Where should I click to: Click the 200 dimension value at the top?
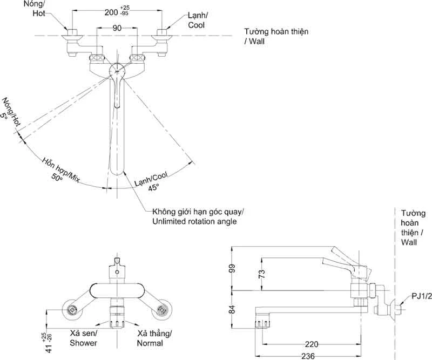(111, 12)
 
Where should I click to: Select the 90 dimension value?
(117, 28)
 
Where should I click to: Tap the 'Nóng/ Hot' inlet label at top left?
(34, 9)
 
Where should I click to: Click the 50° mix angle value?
(57, 177)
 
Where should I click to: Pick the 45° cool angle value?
(153, 187)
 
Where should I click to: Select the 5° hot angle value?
(4, 116)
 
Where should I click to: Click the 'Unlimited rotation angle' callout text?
(194, 221)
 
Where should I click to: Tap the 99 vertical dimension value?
(232, 268)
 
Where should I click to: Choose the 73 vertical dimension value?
(262, 274)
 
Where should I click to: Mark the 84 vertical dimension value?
(232, 309)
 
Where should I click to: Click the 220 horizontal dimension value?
(312, 344)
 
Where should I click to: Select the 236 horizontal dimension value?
(308, 356)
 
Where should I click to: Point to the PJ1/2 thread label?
(422, 296)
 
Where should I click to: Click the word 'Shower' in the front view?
(83, 343)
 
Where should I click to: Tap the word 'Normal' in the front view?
(150, 343)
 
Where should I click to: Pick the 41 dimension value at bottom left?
(49, 349)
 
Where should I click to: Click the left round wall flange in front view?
(72, 310)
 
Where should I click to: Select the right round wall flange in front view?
(161, 310)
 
